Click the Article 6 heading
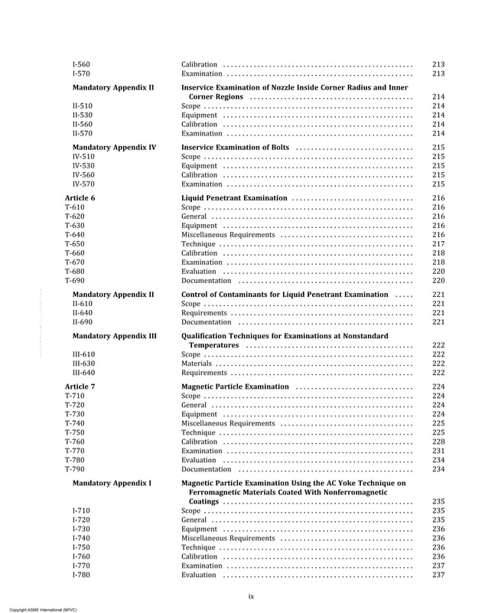pos(80,198)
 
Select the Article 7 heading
pos(80,387)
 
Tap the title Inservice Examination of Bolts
pos(235,147)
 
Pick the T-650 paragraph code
pos(75,244)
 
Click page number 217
pos(438,244)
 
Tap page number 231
pos(438,452)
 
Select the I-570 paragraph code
pos(80,74)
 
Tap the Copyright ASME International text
pos(39,608)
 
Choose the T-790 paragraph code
pos(75,470)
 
